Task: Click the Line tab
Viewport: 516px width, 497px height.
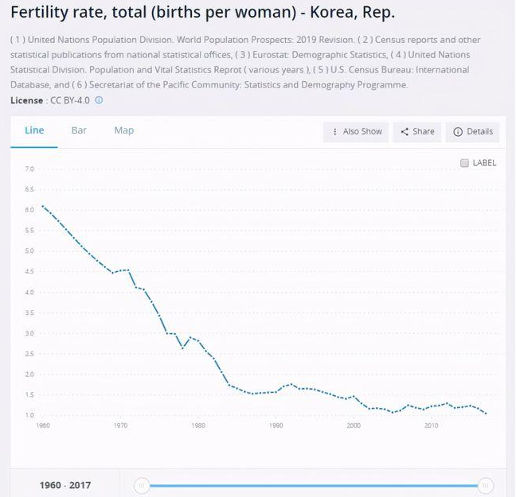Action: click(x=34, y=130)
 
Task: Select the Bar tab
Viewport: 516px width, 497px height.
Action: click(x=79, y=130)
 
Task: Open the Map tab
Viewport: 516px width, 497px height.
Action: click(x=123, y=130)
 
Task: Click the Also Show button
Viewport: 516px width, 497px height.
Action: click(x=354, y=132)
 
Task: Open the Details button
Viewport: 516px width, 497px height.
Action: click(x=473, y=132)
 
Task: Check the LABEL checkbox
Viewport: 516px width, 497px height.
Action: click(x=465, y=163)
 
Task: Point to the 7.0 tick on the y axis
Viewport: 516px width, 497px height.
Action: click(x=29, y=169)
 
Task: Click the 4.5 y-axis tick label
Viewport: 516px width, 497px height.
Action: click(x=29, y=272)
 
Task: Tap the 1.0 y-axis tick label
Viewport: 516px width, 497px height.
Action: click(x=29, y=416)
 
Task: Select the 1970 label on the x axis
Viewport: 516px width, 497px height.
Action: click(x=120, y=426)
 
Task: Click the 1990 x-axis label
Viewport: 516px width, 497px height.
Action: click(x=276, y=426)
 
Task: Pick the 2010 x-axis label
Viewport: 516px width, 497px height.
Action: click(x=432, y=426)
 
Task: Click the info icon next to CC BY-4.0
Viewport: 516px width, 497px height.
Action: click(x=99, y=101)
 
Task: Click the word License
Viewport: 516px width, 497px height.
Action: click(x=28, y=101)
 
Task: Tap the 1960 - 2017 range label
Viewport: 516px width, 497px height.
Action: click(x=65, y=485)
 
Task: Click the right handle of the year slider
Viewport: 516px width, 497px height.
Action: click(x=485, y=485)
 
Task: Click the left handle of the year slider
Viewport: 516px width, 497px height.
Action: click(x=141, y=485)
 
